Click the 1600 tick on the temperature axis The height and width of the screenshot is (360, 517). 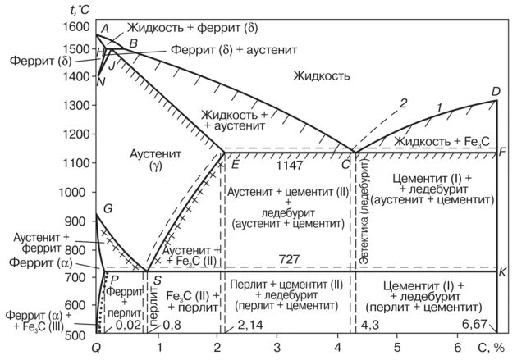coord(75,27)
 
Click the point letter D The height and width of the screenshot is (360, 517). coord(496,91)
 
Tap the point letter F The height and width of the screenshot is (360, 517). coord(502,153)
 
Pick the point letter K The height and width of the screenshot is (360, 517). coord(502,271)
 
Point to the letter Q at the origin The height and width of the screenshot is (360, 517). coord(97,349)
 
